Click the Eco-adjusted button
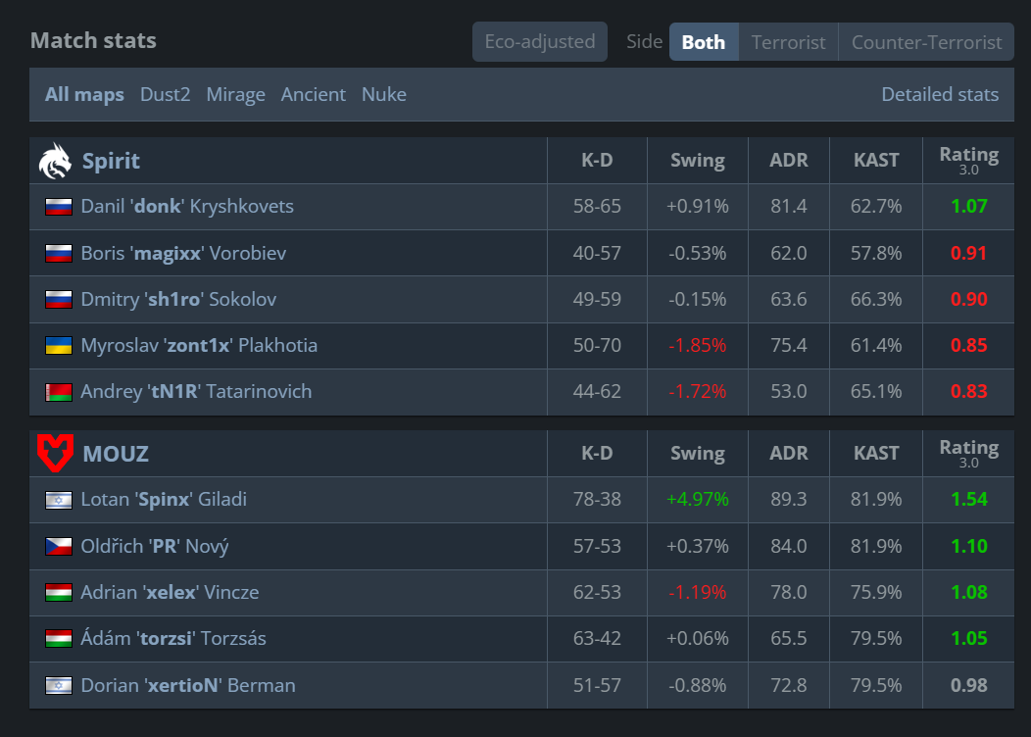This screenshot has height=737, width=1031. (540, 42)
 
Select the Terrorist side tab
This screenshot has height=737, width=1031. (788, 42)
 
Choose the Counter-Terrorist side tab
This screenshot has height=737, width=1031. (926, 42)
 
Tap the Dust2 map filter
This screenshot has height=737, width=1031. (165, 95)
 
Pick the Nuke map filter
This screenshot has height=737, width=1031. (384, 95)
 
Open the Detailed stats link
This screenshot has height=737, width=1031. (940, 95)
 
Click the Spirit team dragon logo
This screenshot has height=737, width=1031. (55, 161)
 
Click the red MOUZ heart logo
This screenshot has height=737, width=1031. (55, 453)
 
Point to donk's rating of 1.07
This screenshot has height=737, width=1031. (968, 207)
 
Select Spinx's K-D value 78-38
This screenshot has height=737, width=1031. (597, 500)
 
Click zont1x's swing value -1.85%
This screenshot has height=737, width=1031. (697, 345)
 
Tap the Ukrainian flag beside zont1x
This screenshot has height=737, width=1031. (59, 345)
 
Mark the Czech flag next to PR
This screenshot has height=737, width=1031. (59, 546)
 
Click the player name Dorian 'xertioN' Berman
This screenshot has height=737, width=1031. (188, 686)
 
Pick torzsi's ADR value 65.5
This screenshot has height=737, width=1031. (788, 638)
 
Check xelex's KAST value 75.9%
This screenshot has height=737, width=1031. (876, 592)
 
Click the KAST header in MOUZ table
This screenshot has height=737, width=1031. (876, 453)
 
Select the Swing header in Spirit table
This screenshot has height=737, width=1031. (698, 161)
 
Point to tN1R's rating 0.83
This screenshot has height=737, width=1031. (968, 392)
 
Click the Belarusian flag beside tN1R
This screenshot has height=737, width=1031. (59, 392)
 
